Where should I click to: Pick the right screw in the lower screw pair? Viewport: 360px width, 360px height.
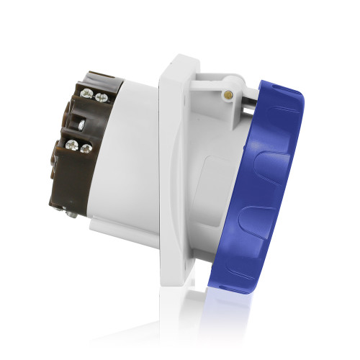point(86,149)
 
